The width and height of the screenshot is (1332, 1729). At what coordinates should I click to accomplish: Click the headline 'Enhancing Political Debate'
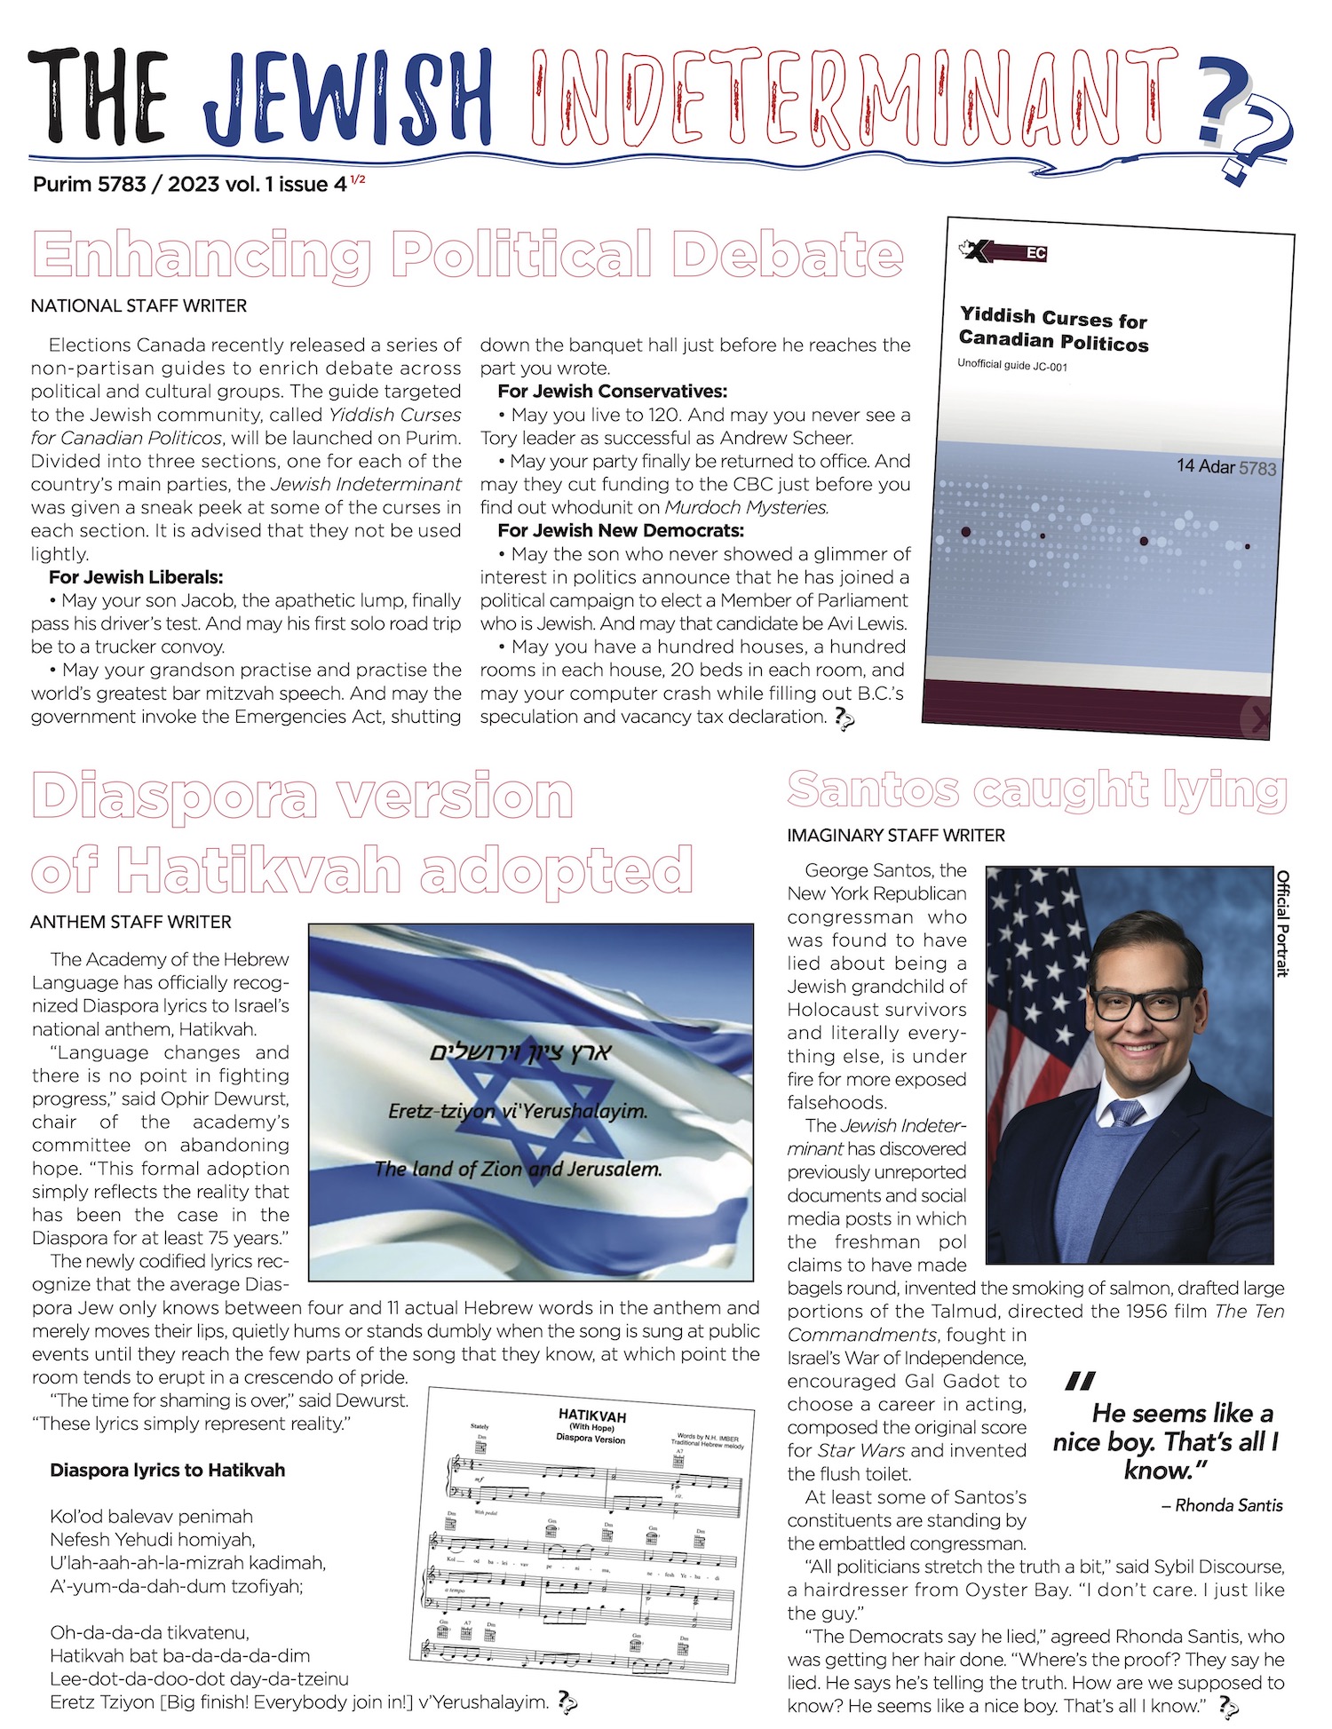[x=467, y=255]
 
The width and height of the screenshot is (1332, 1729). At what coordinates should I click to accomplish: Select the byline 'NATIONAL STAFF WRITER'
[x=139, y=306]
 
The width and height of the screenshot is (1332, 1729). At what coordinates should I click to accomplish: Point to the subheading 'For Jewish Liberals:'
[x=136, y=577]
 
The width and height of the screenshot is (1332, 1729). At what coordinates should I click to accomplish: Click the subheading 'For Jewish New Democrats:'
[x=621, y=531]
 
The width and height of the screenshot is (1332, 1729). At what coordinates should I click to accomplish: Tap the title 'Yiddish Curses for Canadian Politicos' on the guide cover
[x=1053, y=329]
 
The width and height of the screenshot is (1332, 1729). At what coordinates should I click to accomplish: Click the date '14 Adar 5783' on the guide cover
[x=1225, y=467]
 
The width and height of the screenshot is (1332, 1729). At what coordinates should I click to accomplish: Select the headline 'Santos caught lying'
[x=1036, y=789]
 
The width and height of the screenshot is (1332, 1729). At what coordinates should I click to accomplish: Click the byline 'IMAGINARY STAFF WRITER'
[x=896, y=836]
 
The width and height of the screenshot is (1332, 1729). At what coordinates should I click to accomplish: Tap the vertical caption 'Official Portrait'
[x=1282, y=923]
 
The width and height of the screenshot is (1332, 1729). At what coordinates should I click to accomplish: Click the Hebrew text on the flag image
[x=520, y=1052]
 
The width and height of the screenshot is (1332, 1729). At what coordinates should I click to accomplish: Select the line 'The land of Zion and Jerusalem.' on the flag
[x=518, y=1170]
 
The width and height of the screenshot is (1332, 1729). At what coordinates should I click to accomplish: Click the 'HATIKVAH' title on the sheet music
[x=592, y=1415]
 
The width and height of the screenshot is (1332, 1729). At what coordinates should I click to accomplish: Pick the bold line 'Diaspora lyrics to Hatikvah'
[x=168, y=1471]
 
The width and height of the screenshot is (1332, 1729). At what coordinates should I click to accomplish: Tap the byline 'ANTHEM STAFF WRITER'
[x=131, y=923]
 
